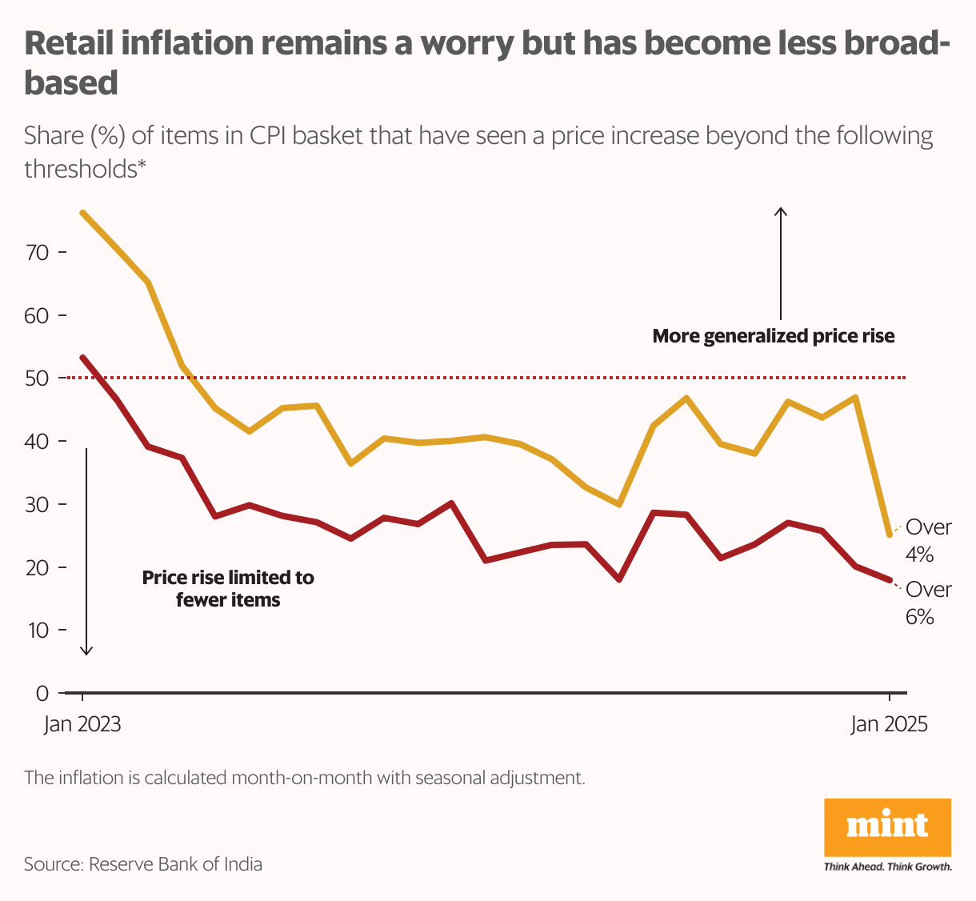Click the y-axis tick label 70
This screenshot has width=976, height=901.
(x=38, y=253)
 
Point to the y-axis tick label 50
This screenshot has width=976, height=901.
(x=38, y=378)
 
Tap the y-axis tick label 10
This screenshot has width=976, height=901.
(x=38, y=631)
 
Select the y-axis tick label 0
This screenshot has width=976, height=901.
(x=42, y=694)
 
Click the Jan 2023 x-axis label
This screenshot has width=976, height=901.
(x=82, y=724)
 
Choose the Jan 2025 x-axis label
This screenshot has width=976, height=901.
(x=889, y=724)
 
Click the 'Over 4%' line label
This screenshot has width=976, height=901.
(x=928, y=540)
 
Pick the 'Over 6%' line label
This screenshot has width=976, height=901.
(x=928, y=603)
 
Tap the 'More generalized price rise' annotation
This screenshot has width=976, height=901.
(x=774, y=336)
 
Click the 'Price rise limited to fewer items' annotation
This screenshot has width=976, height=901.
(x=228, y=588)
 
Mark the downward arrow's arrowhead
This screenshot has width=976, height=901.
(x=86, y=651)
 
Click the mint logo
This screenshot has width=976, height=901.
(x=887, y=827)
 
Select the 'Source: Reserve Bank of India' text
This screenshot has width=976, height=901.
(x=143, y=864)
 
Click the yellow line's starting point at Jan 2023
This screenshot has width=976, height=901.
(x=83, y=213)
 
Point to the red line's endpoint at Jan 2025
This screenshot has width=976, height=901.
(x=890, y=580)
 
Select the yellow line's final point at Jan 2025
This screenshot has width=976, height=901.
(x=890, y=535)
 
